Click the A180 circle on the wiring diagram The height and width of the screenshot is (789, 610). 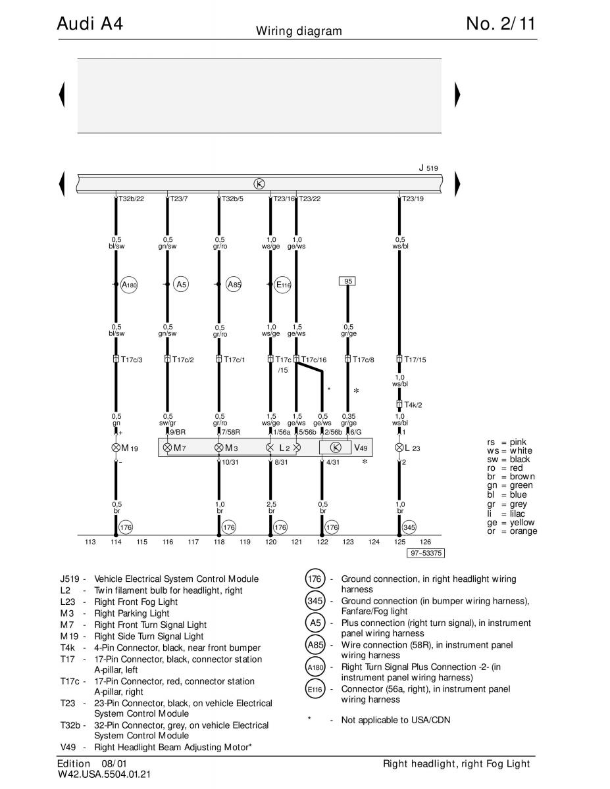[129, 285]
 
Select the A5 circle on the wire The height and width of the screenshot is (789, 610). [181, 285]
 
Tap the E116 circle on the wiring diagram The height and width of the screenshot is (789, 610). [282, 285]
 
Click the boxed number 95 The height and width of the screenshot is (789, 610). [347, 281]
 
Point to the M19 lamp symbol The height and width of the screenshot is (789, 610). [116, 448]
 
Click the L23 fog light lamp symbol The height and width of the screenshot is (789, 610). [399, 448]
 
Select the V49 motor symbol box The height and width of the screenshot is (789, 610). [335, 448]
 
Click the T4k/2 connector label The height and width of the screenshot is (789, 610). [413, 405]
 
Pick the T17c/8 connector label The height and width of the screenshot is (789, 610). [363, 360]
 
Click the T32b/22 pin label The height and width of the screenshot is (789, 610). [131, 199]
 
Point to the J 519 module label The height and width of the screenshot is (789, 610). [428, 168]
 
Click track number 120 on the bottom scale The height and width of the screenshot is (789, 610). [270, 542]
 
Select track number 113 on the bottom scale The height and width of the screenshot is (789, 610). [90, 542]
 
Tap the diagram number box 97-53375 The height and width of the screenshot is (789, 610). [426, 553]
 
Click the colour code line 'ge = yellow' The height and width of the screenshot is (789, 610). [511, 523]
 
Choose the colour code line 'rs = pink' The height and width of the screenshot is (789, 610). [507, 442]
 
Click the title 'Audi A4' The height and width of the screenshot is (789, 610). [90, 24]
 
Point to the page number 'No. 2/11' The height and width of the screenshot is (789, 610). [501, 24]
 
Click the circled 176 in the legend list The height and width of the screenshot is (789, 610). [315, 579]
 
